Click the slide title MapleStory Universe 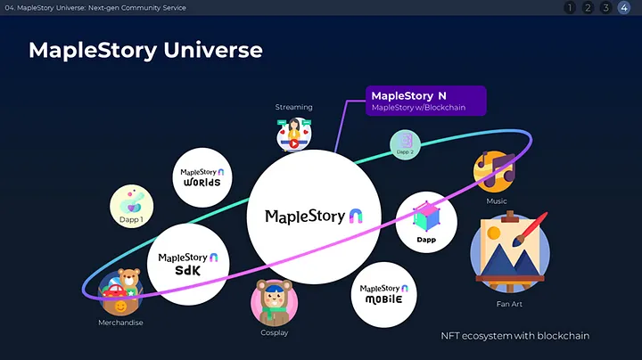click(x=145, y=50)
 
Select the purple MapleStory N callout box click(x=426, y=101)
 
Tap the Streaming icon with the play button click(x=294, y=135)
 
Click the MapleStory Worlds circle click(x=202, y=177)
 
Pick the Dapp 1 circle click(x=131, y=206)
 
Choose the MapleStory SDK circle click(x=188, y=265)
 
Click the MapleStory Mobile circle click(x=384, y=295)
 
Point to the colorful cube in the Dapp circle click(x=426, y=217)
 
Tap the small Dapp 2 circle click(x=405, y=145)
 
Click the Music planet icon click(x=494, y=171)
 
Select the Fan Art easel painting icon click(x=510, y=252)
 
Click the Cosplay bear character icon click(x=275, y=303)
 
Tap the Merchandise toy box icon click(x=120, y=292)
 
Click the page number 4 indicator click(x=624, y=8)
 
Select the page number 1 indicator click(x=570, y=8)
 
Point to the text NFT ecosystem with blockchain click(x=515, y=336)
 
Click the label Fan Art click(x=509, y=304)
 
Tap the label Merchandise click(x=120, y=323)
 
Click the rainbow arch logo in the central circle click(x=356, y=216)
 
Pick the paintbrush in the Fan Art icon click(x=531, y=229)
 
